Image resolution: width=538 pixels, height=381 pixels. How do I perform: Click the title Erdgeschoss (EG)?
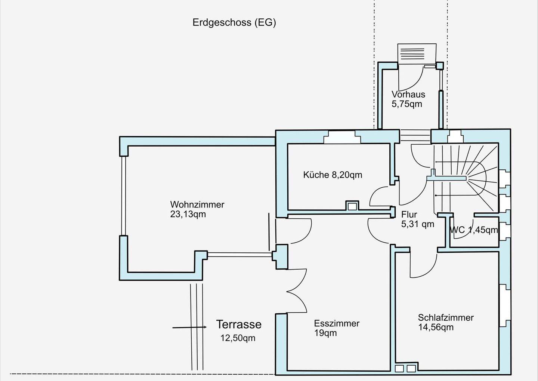click(x=234, y=22)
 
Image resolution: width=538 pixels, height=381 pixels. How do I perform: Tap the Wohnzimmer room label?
click(x=197, y=205)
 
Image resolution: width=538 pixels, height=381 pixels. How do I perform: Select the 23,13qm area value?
click(x=188, y=214)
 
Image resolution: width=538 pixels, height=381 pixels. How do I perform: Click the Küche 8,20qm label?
click(x=333, y=175)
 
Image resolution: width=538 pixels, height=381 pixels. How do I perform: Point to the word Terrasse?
click(x=239, y=324)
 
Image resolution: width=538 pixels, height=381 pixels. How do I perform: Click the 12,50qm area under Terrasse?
click(x=238, y=338)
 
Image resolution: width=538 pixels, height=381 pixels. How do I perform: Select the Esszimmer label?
click(x=337, y=323)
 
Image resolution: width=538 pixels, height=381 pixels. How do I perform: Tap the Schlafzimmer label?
click(x=446, y=317)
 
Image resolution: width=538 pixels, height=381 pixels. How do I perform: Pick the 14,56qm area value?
click(x=436, y=327)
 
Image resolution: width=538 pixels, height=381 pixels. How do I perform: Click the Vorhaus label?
click(x=408, y=94)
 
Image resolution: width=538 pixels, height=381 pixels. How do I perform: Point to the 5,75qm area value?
click(x=407, y=104)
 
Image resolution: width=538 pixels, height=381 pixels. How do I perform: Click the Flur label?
click(x=409, y=214)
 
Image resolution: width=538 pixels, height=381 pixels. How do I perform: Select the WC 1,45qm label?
click(x=474, y=230)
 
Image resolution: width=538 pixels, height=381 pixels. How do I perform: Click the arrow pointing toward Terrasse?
click(x=189, y=328)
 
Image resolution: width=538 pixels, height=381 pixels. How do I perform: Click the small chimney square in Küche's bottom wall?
click(x=352, y=206)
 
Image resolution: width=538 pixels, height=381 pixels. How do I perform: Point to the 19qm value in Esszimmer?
click(x=325, y=333)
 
